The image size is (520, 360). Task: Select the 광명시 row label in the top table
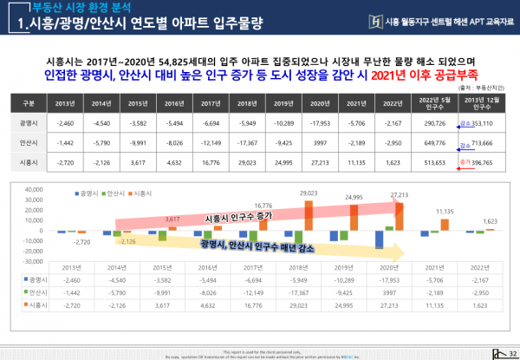tap(27, 123)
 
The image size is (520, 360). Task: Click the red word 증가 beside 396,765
tap(464, 162)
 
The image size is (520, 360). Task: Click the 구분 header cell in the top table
tap(27, 104)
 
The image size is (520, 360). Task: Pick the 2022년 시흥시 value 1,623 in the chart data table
tap(488, 307)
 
